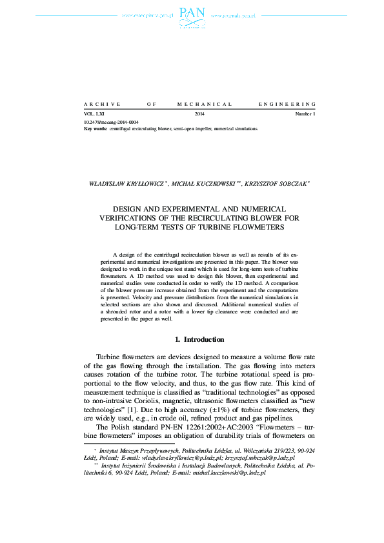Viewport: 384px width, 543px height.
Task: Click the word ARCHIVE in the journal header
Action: click(98, 104)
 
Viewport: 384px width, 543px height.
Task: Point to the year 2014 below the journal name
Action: click(199, 114)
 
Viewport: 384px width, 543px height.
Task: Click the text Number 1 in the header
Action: click(305, 114)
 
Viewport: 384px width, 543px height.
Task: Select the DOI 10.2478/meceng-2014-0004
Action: click(111, 122)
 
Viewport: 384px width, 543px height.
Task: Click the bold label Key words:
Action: click(96, 128)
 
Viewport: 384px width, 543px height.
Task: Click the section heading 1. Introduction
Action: click(200, 339)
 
